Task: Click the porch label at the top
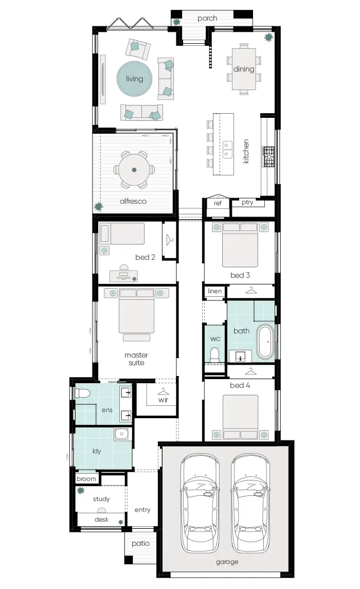coord(207,19)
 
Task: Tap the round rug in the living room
coord(135,79)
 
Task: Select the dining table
coord(244,69)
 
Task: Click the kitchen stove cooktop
coord(269,157)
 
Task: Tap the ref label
coord(217,203)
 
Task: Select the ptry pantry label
coord(247,203)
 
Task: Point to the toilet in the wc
coord(214,354)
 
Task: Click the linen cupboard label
coord(214,291)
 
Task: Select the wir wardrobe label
coord(163,400)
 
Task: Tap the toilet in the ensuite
coord(82,394)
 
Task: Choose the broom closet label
coord(86,479)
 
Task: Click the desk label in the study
coord(101,520)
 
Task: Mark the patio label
coord(140,543)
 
